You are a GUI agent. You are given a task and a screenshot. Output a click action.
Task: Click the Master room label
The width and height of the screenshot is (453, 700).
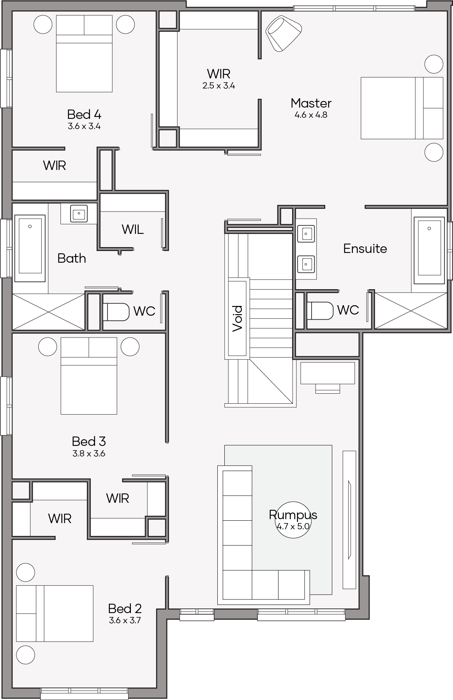coord(311,103)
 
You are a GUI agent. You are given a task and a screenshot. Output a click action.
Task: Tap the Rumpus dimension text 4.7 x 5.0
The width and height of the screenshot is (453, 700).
coord(293,526)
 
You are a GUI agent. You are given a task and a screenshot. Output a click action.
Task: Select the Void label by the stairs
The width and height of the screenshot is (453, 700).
coord(238,318)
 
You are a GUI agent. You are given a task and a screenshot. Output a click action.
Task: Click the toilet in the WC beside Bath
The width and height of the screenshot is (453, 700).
coord(116,312)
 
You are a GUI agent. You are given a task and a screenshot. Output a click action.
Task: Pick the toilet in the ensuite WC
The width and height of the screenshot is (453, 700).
coord(320,311)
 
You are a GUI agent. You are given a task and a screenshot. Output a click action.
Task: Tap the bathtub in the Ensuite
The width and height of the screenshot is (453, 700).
coord(429,251)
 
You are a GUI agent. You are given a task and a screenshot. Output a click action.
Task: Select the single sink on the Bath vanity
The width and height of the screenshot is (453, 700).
coord(79,214)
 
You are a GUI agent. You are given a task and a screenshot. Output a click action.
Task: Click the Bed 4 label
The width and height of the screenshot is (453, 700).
coord(84,115)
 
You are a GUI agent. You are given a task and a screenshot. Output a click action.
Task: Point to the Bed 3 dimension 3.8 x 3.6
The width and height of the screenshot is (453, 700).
coord(89,453)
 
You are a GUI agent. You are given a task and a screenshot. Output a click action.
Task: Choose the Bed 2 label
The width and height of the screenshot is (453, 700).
coord(125,608)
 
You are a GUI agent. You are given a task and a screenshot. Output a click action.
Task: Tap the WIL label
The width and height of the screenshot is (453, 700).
coord(132,230)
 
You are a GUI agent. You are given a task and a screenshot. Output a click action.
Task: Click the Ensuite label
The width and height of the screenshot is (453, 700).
coord(365,249)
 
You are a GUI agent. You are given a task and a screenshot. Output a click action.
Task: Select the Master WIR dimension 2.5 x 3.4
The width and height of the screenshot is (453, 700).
coord(219,86)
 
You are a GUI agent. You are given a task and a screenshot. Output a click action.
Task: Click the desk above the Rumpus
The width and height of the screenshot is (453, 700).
coord(328,373)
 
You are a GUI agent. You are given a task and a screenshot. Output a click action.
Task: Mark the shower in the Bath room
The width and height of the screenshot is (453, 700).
coord(49,311)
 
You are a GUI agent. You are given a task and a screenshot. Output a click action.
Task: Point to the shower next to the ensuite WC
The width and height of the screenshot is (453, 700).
coord(411,310)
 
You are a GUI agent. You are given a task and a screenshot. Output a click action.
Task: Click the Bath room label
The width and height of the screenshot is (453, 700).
coord(72,258)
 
